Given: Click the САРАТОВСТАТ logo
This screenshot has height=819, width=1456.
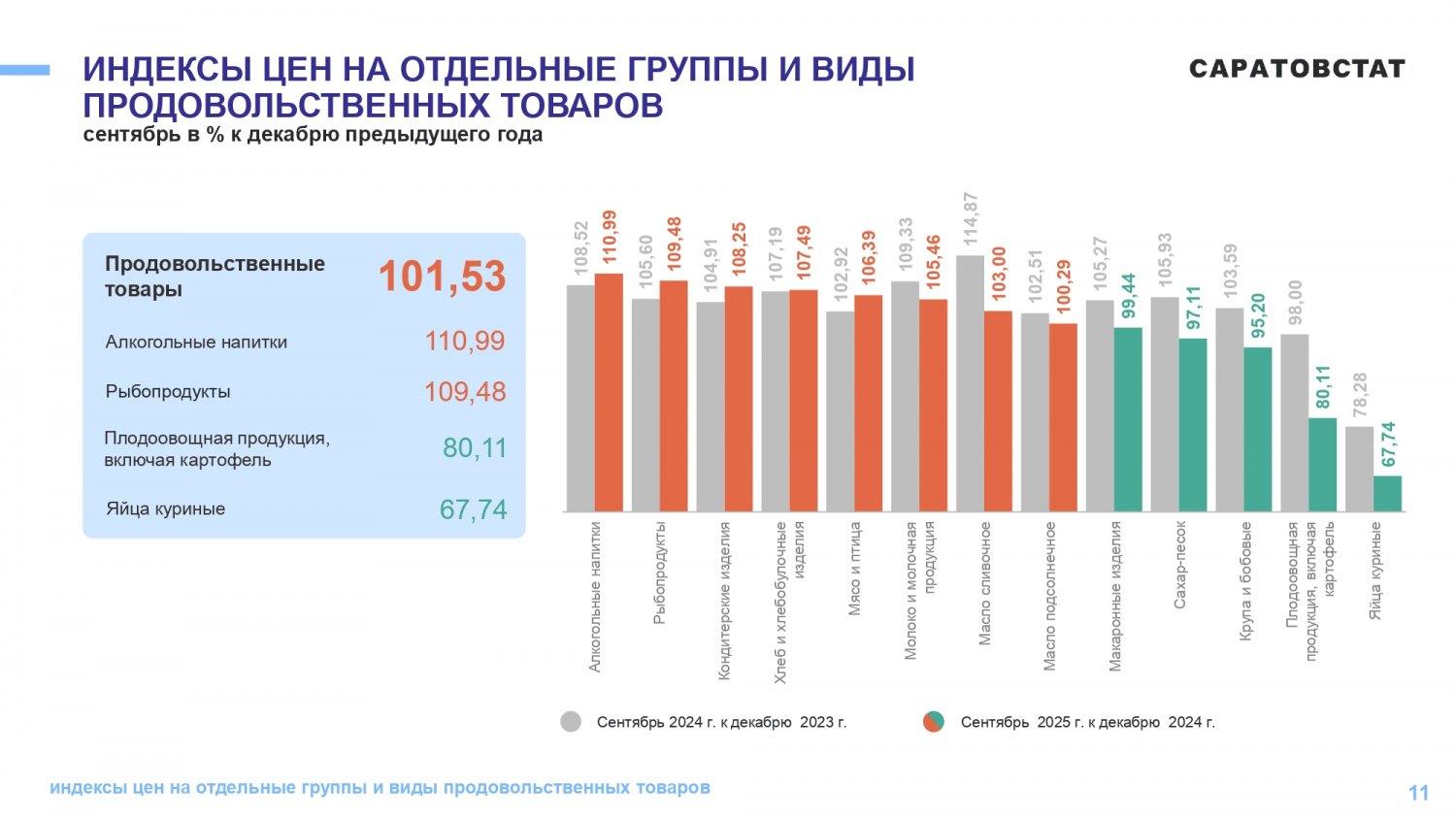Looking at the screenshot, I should click(x=1297, y=69).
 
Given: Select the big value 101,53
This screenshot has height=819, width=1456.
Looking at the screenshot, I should click(x=442, y=277).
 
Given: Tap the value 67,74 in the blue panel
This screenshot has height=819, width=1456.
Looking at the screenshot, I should click(x=473, y=509).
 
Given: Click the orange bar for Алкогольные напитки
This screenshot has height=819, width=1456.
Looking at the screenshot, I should click(x=609, y=393).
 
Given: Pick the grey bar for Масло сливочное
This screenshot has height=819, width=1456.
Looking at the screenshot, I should click(x=970, y=383).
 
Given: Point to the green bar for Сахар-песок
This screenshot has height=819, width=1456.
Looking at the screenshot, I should click(x=1193, y=424).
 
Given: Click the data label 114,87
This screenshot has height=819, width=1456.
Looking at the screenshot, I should click(x=970, y=219).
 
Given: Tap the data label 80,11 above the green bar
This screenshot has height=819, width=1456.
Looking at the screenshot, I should click(x=1323, y=387).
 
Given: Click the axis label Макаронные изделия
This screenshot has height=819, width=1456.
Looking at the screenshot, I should click(x=1114, y=596).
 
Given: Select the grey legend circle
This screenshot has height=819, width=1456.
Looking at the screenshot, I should click(x=571, y=722).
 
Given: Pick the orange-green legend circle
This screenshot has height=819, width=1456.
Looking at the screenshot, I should click(x=934, y=722).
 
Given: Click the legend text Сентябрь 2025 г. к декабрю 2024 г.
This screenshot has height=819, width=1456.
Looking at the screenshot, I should click(x=1087, y=723).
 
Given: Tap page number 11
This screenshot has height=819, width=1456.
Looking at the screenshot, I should click(x=1418, y=793).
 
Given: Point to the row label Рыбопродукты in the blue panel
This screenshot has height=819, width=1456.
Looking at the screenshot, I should click(x=168, y=392).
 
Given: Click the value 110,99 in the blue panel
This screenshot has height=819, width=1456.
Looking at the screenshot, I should click(x=465, y=342).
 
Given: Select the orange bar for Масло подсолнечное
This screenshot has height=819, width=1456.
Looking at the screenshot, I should click(x=1063, y=417).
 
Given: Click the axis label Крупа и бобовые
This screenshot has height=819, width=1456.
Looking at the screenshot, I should click(x=1245, y=580).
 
